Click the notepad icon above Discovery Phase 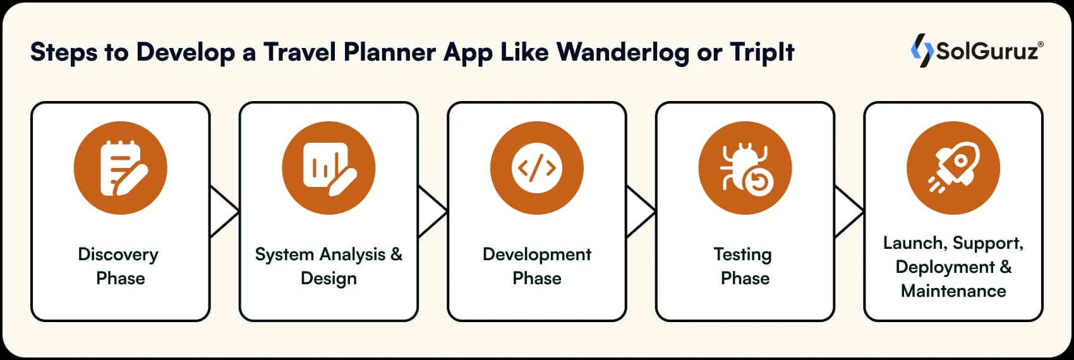(120, 169)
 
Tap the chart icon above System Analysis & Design (329, 169)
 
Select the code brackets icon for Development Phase (536, 169)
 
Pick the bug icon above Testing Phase (745, 169)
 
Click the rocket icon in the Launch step (953, 169)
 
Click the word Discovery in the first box (118, 255)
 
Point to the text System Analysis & (329, 255)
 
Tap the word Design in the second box (329, 279)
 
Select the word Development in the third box (536, 255)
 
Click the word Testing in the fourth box (742, 255)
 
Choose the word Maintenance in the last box (953, 291)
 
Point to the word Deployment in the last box (944, 267)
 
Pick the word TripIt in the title (762, 52)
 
